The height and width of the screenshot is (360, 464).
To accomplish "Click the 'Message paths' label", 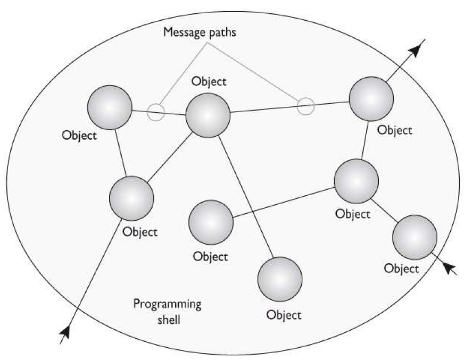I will tap(200, 32).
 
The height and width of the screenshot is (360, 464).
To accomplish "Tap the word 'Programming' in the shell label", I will tap(167, 305).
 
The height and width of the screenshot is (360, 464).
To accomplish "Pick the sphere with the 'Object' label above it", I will tap(208, 115).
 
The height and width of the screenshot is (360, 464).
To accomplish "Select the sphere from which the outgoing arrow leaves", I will tap(371, 98).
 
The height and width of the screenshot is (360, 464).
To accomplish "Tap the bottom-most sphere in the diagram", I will tap(279, 279).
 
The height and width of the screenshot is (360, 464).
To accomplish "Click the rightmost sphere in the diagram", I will tap(415, 237).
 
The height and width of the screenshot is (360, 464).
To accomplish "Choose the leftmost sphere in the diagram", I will tap(109, 107).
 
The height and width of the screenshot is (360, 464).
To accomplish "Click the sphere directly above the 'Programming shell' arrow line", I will tap(131, 197).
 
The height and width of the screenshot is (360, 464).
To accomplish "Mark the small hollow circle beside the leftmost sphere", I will tap(156, 112).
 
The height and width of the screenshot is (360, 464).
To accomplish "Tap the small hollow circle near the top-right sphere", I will tap(305, 106).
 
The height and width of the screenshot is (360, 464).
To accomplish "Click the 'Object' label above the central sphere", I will tap(209, 82).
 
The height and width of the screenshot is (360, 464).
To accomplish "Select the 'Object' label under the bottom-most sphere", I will tap(284, 314).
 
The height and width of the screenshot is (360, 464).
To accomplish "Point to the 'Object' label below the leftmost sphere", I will tap(79, 135).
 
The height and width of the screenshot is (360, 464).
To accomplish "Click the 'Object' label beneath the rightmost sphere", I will tap(401, 269).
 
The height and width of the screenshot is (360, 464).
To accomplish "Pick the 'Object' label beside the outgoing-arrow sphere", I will tap(394, 130).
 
